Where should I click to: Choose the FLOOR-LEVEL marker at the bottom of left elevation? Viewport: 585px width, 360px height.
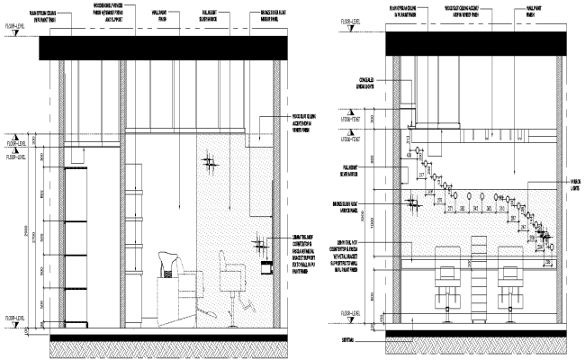16,317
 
